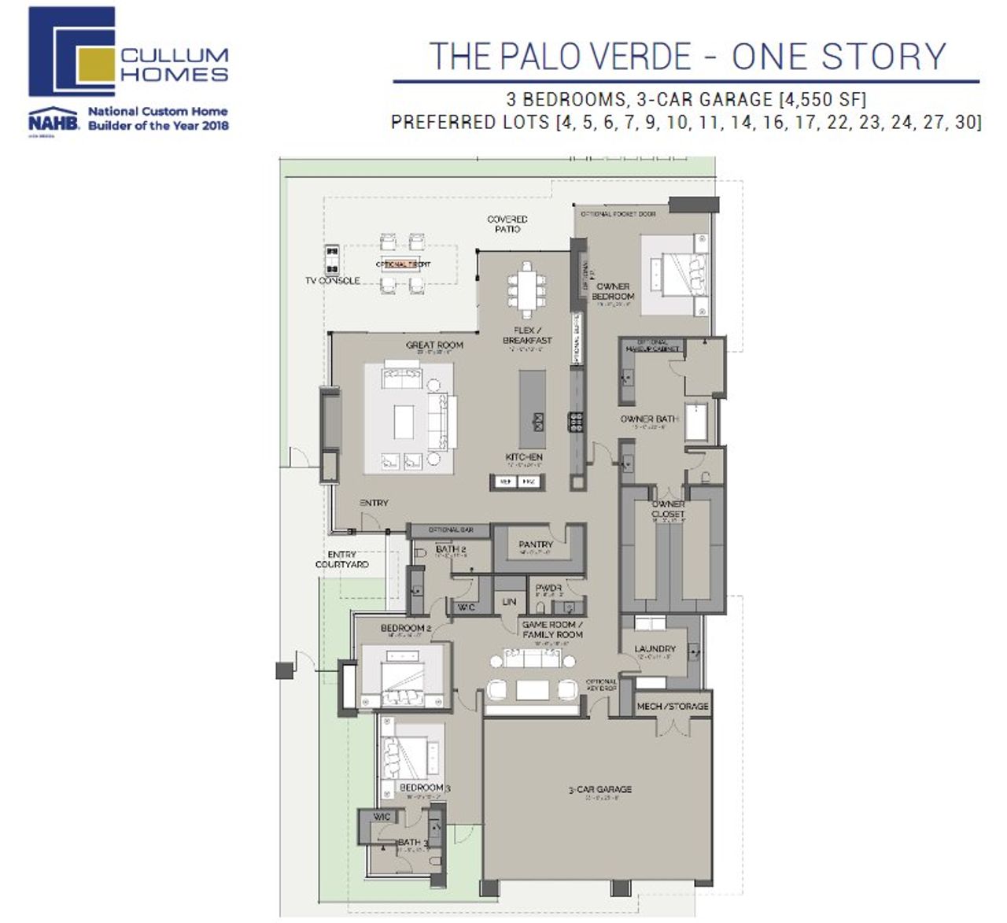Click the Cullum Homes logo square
tap(72, 52)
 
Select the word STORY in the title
tap(883, 57)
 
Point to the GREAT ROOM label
tap(434, 345)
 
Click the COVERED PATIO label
tap(507, 224)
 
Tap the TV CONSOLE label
tap(333, 280)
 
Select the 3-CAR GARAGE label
tap(599, 788)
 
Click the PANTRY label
tap(536, 545)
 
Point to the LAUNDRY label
tap(655, 648)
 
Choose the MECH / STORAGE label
tap(673, 706)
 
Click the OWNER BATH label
tap(649, 419)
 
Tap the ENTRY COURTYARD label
tap(341, 559)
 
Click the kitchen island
tap(532, 409)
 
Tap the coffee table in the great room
tap(404, 421)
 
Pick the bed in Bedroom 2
tap(405, 676)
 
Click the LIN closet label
tap(509, 602)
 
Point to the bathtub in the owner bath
tap(697, 422)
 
